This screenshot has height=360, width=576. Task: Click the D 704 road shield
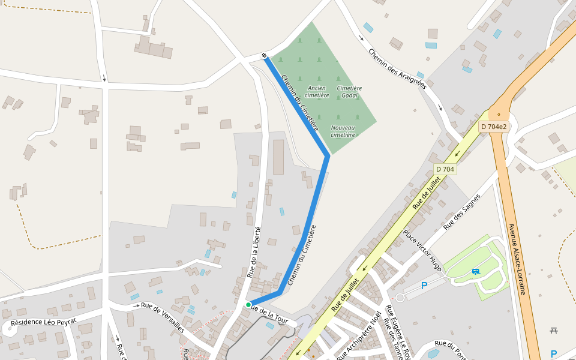[x=445, y=169]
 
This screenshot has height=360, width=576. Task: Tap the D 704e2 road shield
[x=494, y=127]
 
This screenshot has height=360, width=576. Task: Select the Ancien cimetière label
[x=317, y=91]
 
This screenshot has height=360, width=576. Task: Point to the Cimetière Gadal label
[x=349, y=91]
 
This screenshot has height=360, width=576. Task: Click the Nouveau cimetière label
[x=343, y=131]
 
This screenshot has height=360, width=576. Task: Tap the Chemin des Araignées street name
[x=397, y=68]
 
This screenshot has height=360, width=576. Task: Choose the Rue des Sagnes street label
[x=462, y=212]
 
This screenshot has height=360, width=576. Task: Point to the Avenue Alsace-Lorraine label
[x=517, y=259]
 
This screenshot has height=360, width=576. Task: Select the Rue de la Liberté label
[x=254, y=252]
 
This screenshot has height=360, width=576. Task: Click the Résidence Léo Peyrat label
[x=44, y=322]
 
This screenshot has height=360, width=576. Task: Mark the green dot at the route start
[x=248, y=305]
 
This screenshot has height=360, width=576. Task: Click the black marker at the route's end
[x=264, y=56]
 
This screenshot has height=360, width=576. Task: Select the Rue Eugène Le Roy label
[x=398, y=332]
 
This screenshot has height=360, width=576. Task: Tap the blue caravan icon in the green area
[x=476, y=271]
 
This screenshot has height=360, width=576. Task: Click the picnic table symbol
[x=553, y=330]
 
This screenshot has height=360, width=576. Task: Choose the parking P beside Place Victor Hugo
[x=424, y=286]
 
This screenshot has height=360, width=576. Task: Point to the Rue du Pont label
[x=449, y=350]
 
